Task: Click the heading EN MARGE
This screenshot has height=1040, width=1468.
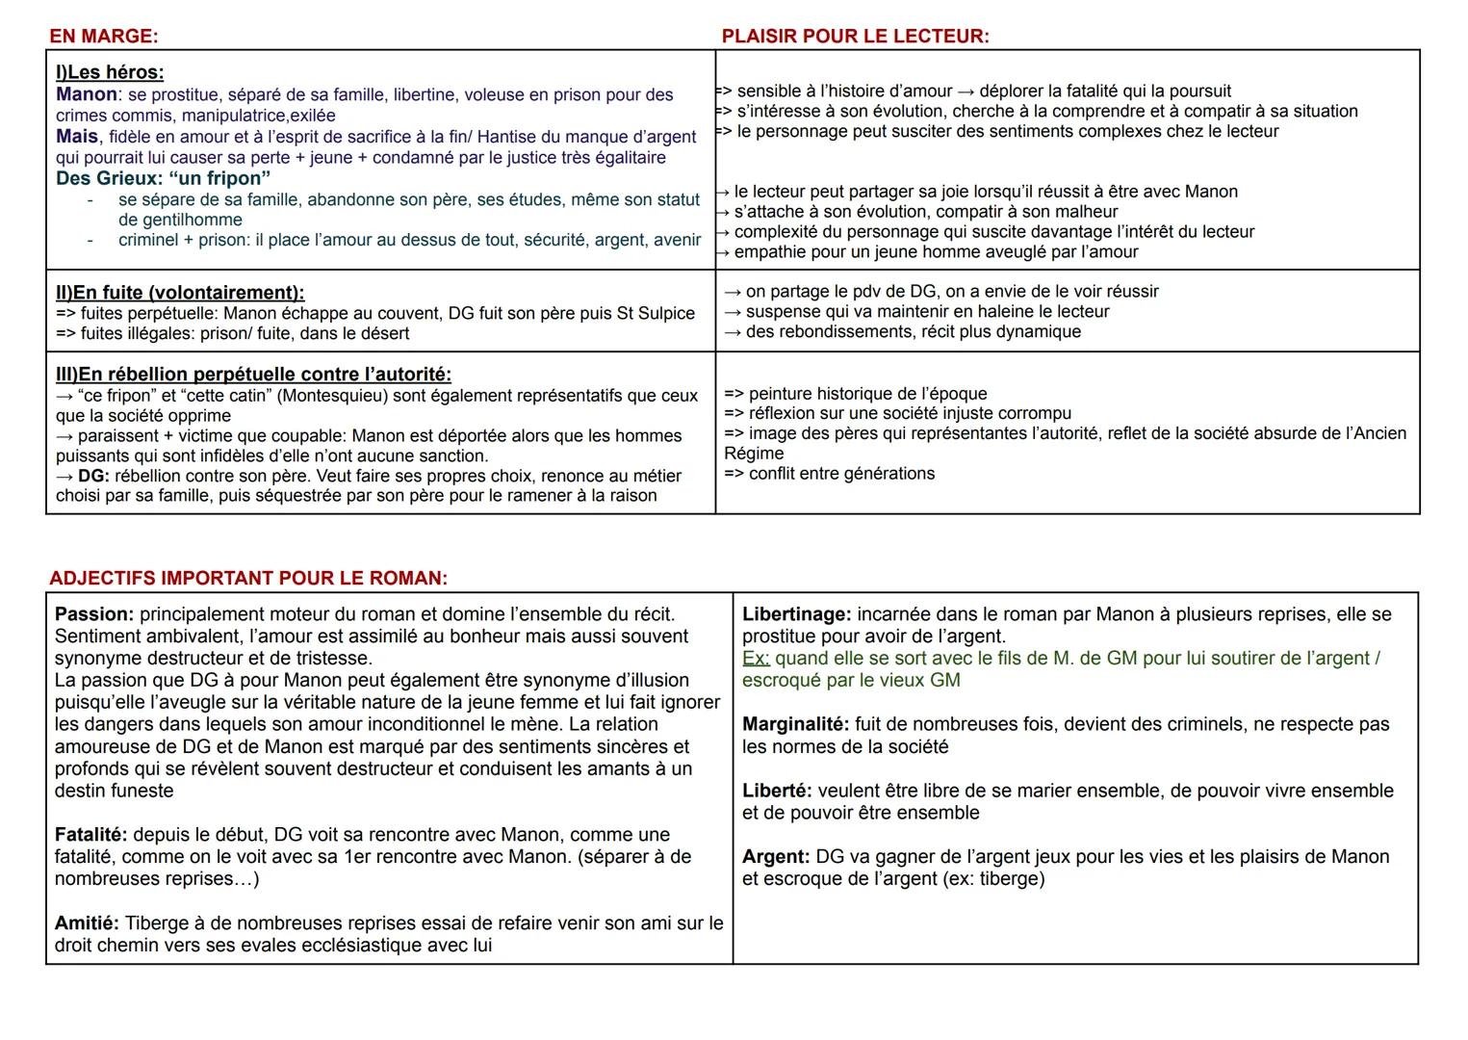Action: point(103,37)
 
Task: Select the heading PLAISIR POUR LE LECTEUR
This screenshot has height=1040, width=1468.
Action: point(855,37)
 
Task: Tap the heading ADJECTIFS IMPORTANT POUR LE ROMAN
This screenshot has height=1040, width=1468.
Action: point(247,579)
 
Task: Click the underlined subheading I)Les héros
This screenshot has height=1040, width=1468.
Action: point(110,72)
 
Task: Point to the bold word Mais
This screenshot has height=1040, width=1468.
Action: point(77,137)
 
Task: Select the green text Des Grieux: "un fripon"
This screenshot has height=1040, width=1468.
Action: point(163,178)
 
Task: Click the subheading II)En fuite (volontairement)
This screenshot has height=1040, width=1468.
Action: point(180,293)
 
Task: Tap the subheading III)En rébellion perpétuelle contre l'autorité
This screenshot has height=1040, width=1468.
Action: point(253,375)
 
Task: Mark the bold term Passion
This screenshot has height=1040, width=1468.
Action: point(93,614)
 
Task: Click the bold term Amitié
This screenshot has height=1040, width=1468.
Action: point(87,923)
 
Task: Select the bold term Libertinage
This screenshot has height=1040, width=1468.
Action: point(796,614)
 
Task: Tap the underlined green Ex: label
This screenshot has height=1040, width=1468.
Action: point(756,659)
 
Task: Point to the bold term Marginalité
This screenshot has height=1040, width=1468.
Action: point(795,724)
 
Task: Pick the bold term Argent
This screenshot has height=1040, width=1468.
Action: point(776,857)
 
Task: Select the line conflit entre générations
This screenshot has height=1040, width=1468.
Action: point(841,474)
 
